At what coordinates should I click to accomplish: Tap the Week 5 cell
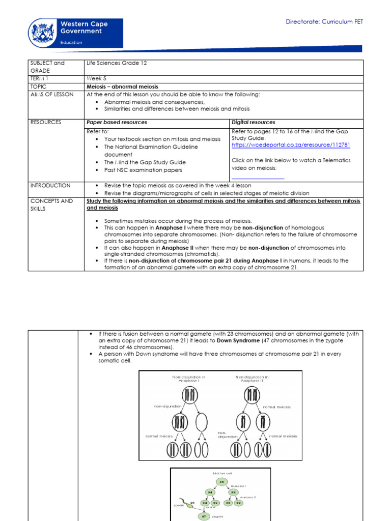pyautogui.click(x=97, y=79)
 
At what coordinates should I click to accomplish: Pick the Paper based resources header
pyautogui.click(x=117, y=122)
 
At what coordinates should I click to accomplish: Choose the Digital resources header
pyautogui.click(x=254, y=122)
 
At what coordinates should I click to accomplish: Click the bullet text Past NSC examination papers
pyautogui.click(x=143, y=169)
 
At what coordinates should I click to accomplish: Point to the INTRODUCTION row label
pyautogui.click(x=50, y=185)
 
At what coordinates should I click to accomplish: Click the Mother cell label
pyautogui.click(x=220, y=473)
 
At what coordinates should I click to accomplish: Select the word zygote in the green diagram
pyautogui.click(x=220, y=515)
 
